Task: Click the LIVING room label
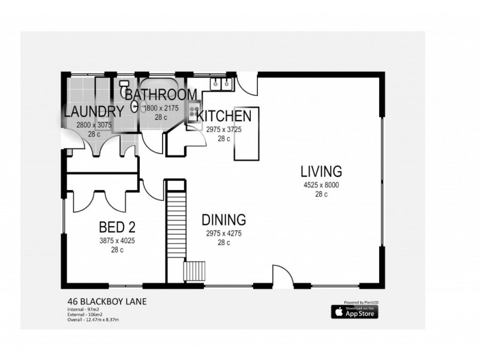[x=321, y=171]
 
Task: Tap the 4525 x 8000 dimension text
[x=321, y=185]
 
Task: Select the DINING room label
[x=223, y=219]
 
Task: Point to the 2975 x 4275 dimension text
[x=223, y=233]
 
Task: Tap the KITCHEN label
[x=224, y=116]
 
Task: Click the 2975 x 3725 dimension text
[x=224, y=129]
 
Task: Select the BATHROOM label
[x=161, y=95]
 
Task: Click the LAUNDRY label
[x=94, y=112]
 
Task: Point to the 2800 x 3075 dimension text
[x=94, y=125]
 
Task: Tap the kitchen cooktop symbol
[x=195, y=112]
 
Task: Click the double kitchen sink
[x=220, y=85]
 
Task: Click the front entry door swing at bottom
[x=282, y=276]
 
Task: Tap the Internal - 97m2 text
[x=82, y=310]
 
